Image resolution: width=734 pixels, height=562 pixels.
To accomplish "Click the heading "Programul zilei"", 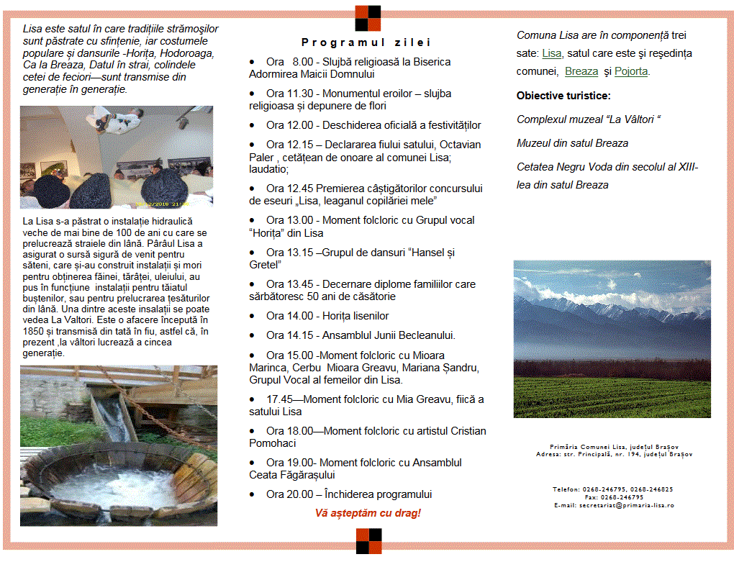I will pos(366,42).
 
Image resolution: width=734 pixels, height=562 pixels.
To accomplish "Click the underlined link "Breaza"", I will pos(581,71).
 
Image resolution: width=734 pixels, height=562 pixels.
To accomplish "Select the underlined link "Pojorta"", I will pos(632,71).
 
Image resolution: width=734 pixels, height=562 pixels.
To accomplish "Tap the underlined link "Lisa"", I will pos(551,53).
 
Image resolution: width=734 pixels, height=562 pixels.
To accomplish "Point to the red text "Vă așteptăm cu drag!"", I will pos(368,513).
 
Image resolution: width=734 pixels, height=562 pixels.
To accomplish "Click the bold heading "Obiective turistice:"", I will pos(563,96).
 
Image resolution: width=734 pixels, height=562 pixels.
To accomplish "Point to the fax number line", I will pos(614,497).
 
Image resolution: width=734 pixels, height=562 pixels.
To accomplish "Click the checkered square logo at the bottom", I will pos(368,540).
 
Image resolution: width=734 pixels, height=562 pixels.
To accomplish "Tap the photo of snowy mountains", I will pos(612,338).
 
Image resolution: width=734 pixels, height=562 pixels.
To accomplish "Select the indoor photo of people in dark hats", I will pos(117,157).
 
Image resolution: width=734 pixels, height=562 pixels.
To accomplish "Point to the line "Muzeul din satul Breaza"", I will pos(572,143).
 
